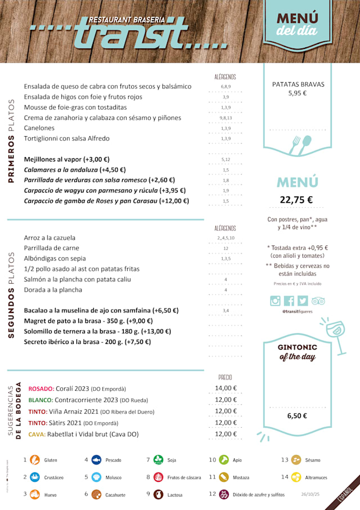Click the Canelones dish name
click(39, 128)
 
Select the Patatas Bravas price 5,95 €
click(298, 93)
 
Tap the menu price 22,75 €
click(296, 199)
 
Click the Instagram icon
click(275, 301)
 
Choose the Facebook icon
click(289, 301)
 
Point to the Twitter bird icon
click(303, 301)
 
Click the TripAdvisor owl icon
click(318, 301)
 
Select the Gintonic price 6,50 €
click(297, 416)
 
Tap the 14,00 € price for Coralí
click(226, 388)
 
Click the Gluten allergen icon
click(35, 460)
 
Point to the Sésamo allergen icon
click(296, 460)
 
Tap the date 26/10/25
click(310, 494)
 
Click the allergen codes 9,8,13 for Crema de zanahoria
click(226, 118)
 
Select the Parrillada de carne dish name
click(52, 248)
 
